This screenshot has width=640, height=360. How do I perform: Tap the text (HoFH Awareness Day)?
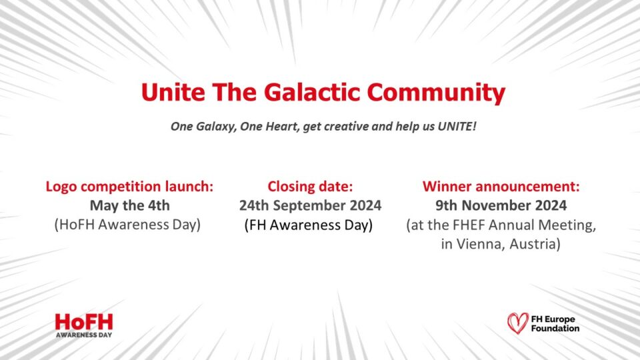point(127,225)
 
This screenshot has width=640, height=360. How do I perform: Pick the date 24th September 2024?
point(310,205)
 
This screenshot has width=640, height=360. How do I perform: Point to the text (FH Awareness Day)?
point(309,225)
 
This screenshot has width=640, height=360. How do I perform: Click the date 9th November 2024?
point(501,205)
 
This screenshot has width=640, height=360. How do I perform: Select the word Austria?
point(534,245)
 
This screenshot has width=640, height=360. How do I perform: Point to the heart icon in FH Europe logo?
point(517,323)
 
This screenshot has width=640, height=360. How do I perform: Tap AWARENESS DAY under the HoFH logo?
point(83,335)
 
